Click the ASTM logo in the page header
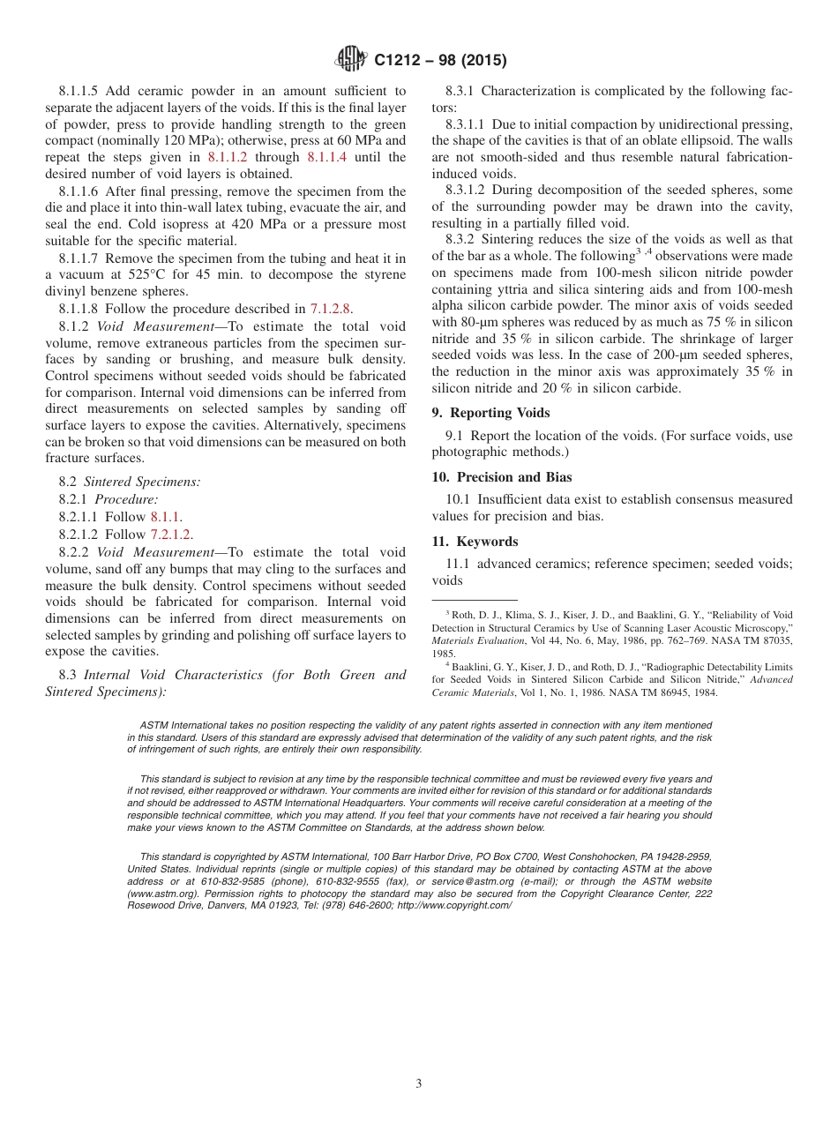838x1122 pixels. tap(353, 60)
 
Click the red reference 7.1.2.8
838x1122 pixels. tap(330, 309)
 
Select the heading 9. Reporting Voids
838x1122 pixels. tap(490, 413)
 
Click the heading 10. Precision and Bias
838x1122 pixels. tap(501, 477)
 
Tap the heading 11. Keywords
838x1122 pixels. tap(475, 542)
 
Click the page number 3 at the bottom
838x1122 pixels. tap(419, 1084)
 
